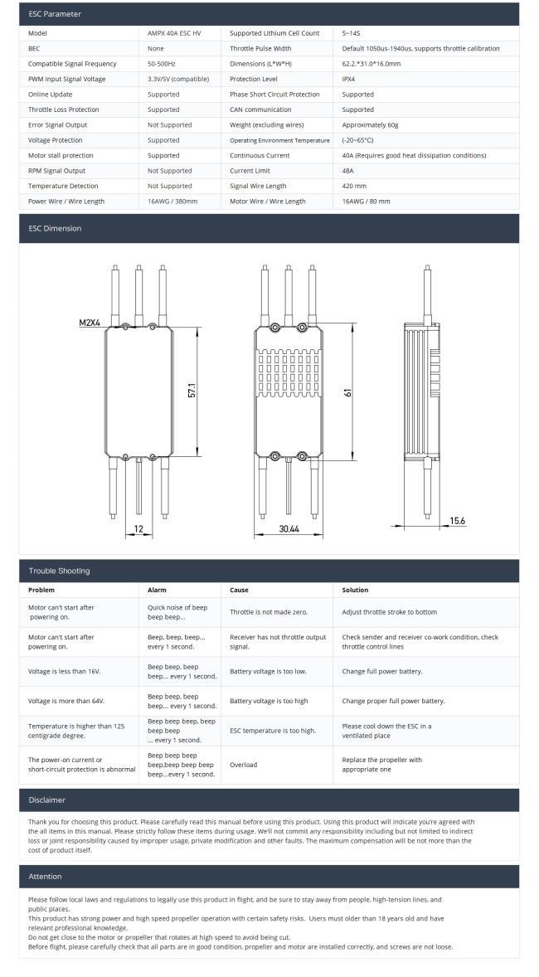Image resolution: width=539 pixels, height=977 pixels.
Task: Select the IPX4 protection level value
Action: pyautogui.click(x=349, y=79)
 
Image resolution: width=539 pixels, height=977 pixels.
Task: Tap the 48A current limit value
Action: pyautogui.click(x=348, y=170)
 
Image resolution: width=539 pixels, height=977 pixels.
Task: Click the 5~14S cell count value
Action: pyautogui.click(x=351, y=33)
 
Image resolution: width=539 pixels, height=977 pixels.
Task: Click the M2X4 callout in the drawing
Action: pyautogui.click(x=90, y=322)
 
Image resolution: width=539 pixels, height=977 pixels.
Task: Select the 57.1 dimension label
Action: pyautogui.click(x=192, y=390)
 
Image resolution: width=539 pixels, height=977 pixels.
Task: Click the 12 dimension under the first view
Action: pyautogui.click(x=138, y=527)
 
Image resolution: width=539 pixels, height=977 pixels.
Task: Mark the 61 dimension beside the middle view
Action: pyautogui.click(x=348, y=391)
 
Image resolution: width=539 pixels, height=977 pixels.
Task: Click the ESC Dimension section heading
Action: pyautogui.click(x=55, y=228)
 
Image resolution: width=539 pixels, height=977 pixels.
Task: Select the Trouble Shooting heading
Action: pyautogui.click(x=59, y=571)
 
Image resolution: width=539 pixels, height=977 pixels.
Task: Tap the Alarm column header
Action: pyautogui.click(x=157, y=590)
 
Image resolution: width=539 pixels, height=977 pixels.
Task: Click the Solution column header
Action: pyautogui.click(x=357, y=590)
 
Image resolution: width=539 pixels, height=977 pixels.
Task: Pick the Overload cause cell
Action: pyautogui.click(x=243, y=765)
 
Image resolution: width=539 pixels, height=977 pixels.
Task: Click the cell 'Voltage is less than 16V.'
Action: pyautogui.click(x=66, y=671)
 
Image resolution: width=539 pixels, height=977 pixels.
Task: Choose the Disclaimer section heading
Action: pyautogui.click(x=48, y=800)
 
